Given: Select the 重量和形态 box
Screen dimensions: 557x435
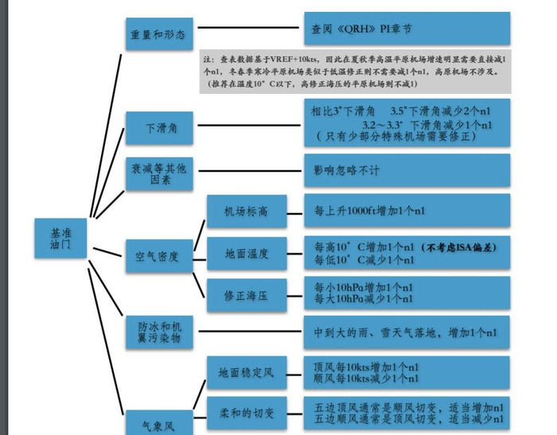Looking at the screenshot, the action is click(159, 34).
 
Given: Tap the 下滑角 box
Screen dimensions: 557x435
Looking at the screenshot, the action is click(159, 127).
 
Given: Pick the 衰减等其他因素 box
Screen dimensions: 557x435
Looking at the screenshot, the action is click(159, 174).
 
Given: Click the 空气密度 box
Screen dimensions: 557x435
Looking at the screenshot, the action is click(159, 256).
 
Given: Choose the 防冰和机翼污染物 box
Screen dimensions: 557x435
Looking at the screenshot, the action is click(159, 332).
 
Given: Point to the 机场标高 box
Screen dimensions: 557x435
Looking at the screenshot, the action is click(246, 212).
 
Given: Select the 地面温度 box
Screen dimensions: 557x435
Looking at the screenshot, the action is click(246, 254).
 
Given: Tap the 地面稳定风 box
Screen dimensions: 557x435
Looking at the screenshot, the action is click(246, 372).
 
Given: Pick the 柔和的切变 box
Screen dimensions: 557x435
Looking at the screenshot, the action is click(246, 414).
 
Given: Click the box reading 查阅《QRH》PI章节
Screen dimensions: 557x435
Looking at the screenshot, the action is click(407, 29).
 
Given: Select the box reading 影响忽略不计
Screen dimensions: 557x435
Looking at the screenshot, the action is click(407, 169).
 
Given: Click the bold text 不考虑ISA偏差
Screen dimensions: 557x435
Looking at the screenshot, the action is click(459, 247).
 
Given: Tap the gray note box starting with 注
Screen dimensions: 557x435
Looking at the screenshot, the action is click(355, 72).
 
